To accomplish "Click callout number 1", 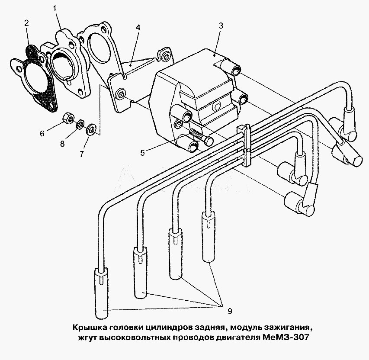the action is pyautogui.click(x=55, y=9).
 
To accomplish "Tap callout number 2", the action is pyautogui.click(x=26, y=23).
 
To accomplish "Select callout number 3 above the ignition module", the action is pyautogui.click(x=221, y=26).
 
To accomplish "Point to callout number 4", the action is pyautogui.click(x=138, y=28).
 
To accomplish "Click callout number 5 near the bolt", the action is pyautogui.click(x=142, y=153).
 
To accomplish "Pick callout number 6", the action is pyautogui.click(x=42, y=134).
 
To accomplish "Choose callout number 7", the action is pyautogui.click(x=82, y=154).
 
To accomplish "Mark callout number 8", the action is pyautogui.click(x=62, y=143).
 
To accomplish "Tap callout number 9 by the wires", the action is pyautogui.click(x=230, y=311).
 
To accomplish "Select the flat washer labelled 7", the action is pyautogui.click(x=91, y=129).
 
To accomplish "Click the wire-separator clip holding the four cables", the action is pyautogui.click(x=245, y=146).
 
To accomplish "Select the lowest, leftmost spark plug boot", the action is pyautogui.click(x=101, y=293).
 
